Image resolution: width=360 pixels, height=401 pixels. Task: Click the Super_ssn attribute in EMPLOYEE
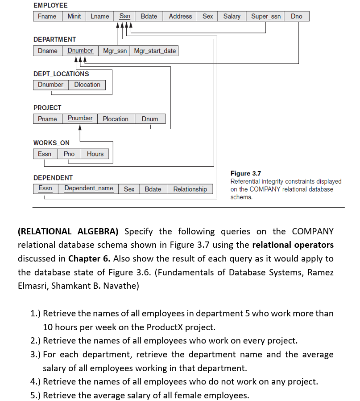tap(266, 16)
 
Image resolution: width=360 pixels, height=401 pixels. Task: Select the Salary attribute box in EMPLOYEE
tap(232, 16)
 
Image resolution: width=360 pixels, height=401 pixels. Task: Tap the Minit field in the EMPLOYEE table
tap(74, 16)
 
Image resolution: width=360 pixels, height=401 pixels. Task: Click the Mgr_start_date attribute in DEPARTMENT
tap(155, 51)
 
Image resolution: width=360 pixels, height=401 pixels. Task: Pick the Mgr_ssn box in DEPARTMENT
tap(115, 51)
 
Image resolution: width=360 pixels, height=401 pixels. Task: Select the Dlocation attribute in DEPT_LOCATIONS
tap(87, 85)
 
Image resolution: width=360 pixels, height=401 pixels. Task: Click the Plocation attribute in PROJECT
tap(115, 119)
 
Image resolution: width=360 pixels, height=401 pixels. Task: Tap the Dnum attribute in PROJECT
tap(150, 119)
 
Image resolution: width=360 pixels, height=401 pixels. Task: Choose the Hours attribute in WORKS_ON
tap(95, 154)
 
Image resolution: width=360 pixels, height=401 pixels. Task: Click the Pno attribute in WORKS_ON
tap(69, 154)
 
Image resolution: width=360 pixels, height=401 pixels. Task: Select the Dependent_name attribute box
tap(89, 188)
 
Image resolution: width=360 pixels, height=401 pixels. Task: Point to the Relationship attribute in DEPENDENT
tap(190, 189)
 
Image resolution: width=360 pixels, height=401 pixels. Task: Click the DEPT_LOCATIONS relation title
tap(61, 74)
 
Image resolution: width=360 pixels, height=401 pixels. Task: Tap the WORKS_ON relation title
tap(51, 143)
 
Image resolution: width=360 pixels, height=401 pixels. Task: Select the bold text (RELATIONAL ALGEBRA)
tap(68, 232)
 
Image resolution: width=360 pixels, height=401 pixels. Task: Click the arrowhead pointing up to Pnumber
tap(80, 127)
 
